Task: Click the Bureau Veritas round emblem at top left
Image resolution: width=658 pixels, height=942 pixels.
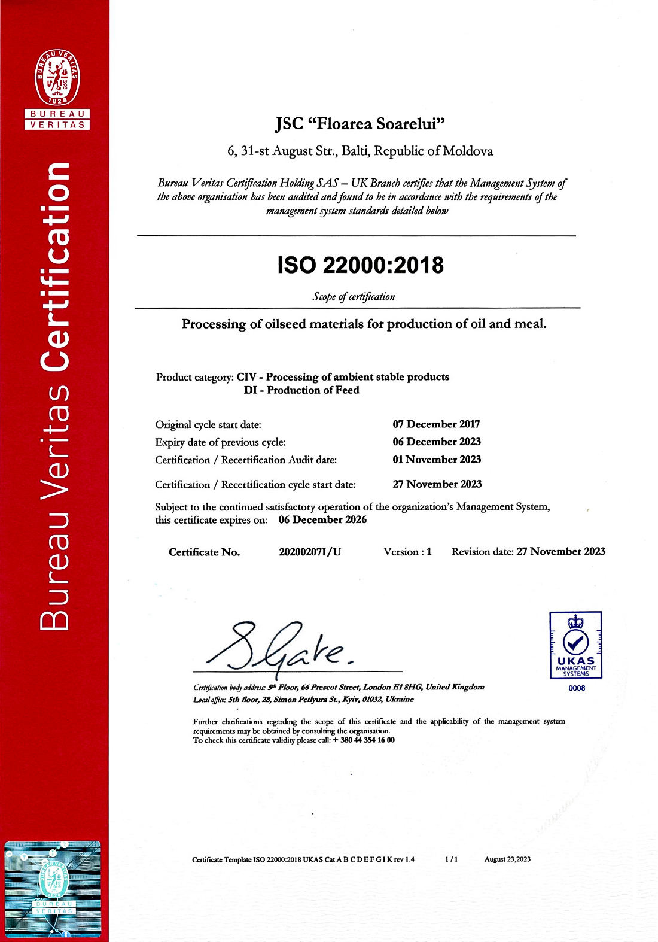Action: click(57, 78)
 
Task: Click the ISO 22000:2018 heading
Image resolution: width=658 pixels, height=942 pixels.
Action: click(361, 265)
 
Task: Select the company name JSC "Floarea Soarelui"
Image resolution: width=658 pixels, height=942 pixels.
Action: click(361, 124)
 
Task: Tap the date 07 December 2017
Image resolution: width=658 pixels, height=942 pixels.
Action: click(436, 424)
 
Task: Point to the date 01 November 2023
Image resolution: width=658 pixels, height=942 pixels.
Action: click(437, 460)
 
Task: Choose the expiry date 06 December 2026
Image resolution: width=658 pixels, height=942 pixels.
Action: click(322, 519)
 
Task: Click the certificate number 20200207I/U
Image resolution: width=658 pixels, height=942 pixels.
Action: click(310, 552)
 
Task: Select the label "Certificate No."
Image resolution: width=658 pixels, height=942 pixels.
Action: click(204, 552)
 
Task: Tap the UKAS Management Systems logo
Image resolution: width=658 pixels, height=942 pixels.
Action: click(575, 645)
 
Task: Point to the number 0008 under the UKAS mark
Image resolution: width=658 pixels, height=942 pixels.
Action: click(577, 688)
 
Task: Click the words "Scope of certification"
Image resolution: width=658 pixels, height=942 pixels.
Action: click(354, 297)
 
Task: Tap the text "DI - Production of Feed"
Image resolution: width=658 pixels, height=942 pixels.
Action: click(301, 390)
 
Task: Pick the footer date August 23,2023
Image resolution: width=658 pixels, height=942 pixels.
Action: click(507, 859)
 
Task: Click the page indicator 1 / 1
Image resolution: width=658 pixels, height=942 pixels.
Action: click(451, 859)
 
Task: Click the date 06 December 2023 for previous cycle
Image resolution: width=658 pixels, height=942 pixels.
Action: click(437, 442)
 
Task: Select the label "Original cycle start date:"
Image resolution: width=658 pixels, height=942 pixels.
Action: click(208, 425)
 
